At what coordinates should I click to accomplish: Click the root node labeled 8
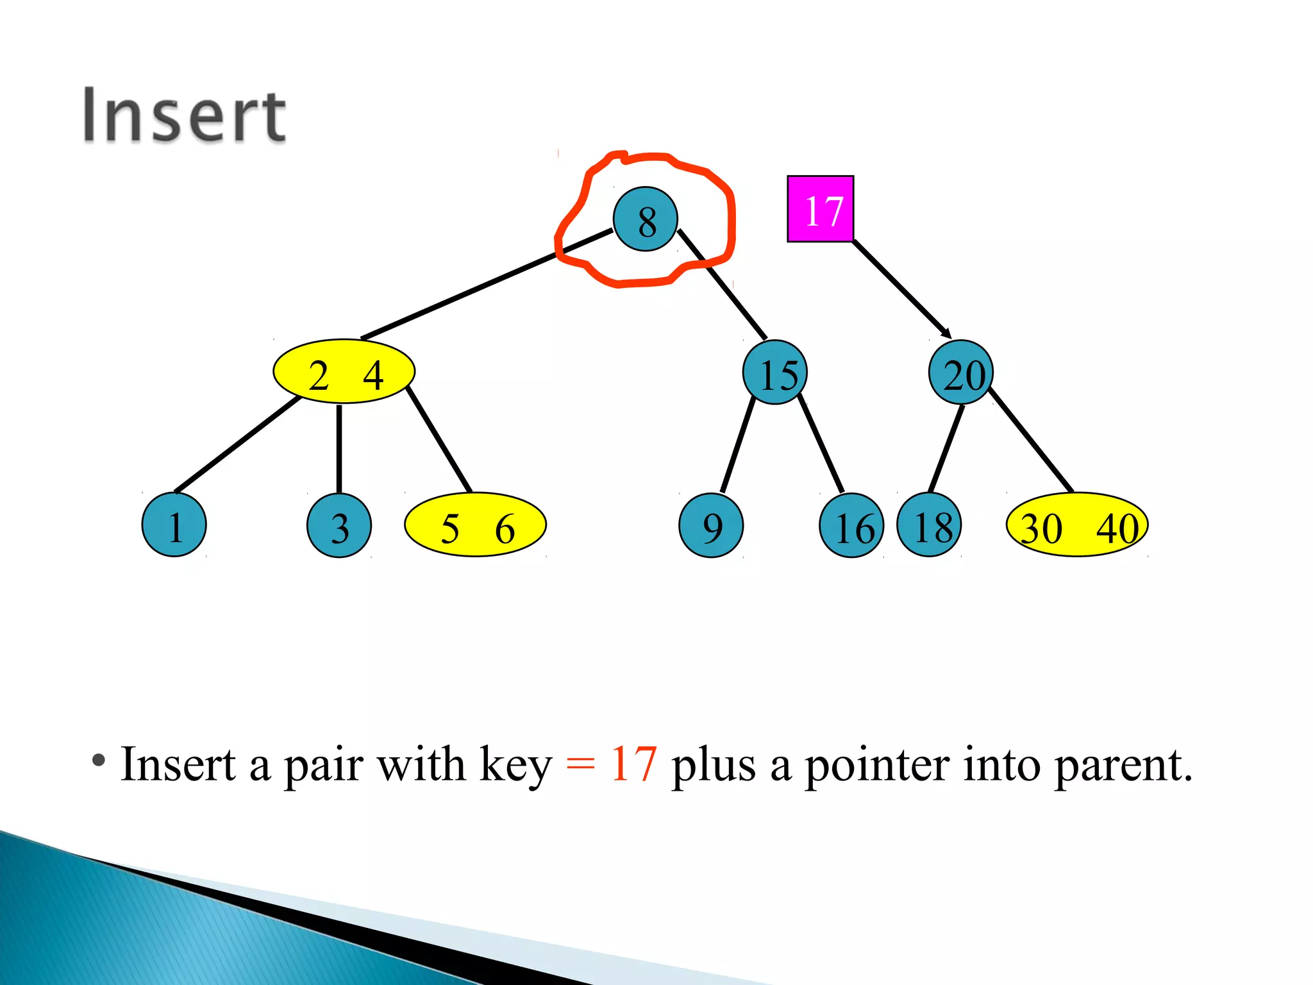point(645,219)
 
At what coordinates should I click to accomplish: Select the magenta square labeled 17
point(820,209)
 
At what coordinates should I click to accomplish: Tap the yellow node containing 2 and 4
point(344,372)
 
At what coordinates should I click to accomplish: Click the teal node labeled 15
point(775,373)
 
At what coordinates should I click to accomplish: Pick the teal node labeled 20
point(960,373)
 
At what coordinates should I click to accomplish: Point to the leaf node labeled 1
point(174,525)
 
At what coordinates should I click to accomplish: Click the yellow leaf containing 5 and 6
point(475,525)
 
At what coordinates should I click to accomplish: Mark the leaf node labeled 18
point(929,525)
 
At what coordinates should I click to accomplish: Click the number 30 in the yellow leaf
point(1041,528)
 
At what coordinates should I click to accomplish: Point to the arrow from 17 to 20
point(901,289)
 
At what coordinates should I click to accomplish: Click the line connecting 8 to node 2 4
point(487,284)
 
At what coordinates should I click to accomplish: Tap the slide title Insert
point(184,115)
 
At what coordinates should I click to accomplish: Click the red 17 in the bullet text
point(633,764)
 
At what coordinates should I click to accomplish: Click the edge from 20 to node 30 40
point(1030,440)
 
